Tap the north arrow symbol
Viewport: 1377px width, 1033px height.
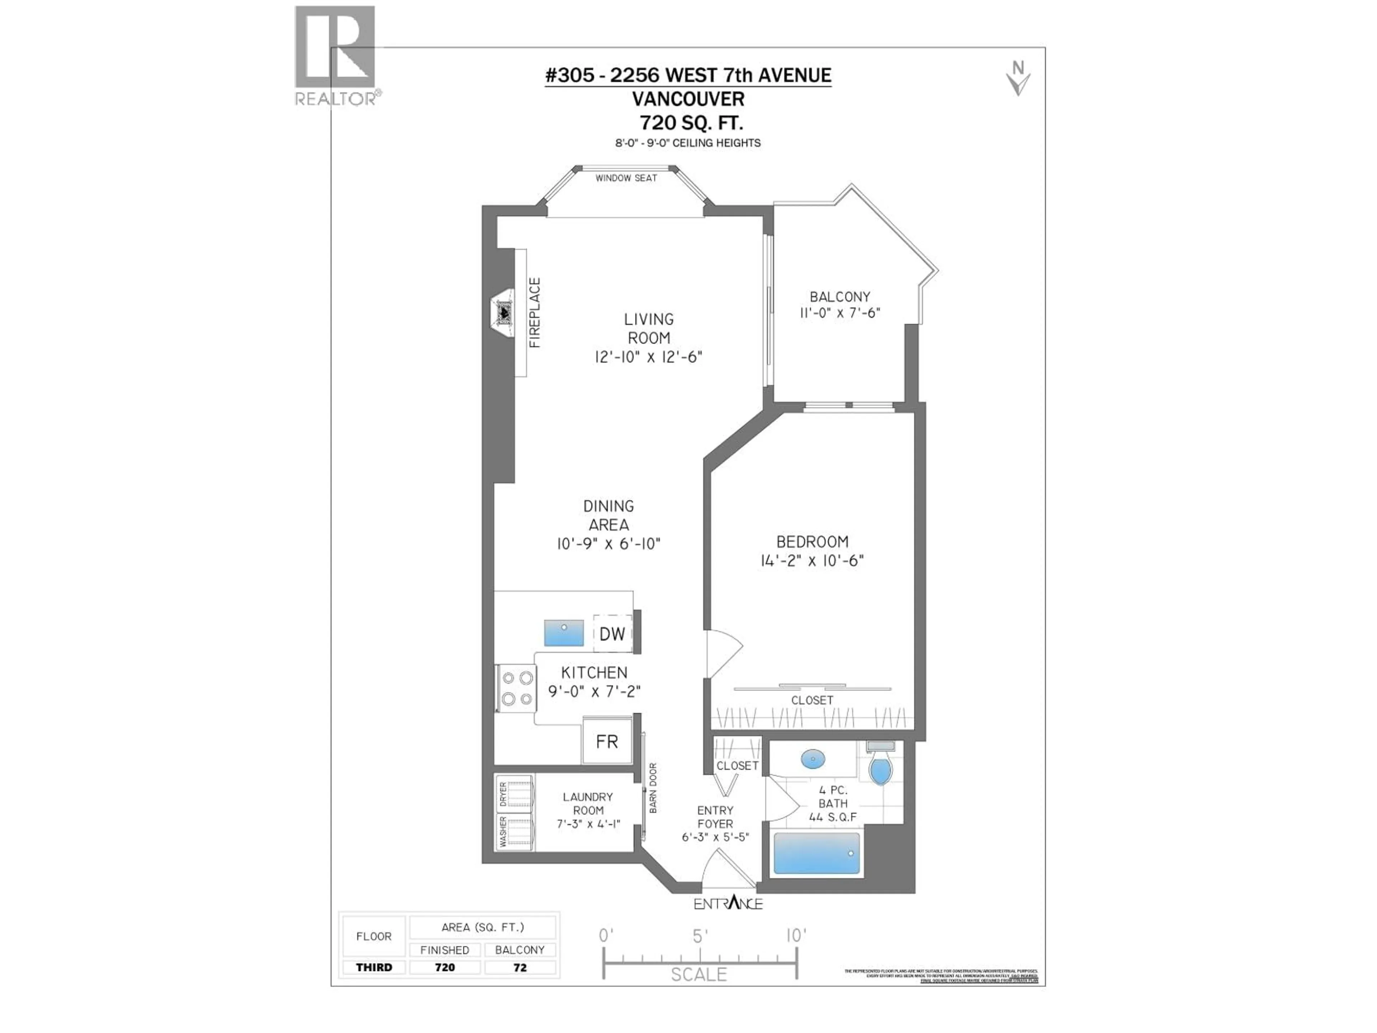click(x=1018, y=79)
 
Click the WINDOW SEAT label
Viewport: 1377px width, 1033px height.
click(x=626, y=178)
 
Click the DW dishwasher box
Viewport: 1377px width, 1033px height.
click(x=612, y=634)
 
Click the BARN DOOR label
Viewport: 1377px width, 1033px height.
click(x=653, y=788)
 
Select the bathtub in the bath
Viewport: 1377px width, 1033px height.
click(x=816, y=853)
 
